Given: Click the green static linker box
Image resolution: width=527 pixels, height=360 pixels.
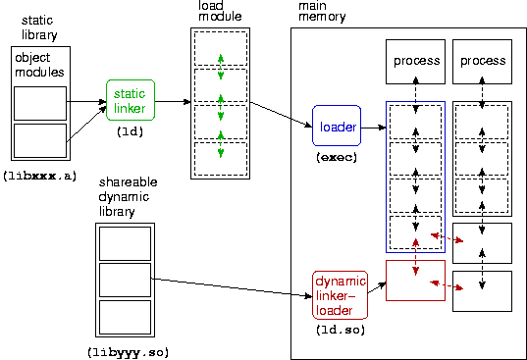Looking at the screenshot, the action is tap(131, 100).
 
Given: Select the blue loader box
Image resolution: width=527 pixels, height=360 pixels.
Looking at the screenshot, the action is tap(337, 126).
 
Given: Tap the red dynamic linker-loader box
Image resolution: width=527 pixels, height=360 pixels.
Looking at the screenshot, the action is tap(341, 295).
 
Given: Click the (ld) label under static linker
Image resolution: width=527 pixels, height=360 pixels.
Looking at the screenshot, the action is tap(131, 131).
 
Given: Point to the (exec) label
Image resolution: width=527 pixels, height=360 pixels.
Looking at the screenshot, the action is tap(337, 157).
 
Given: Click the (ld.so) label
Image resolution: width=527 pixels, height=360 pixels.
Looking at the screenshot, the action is tap(341, 330).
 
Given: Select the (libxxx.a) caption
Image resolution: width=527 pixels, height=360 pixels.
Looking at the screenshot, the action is tap(40, 176).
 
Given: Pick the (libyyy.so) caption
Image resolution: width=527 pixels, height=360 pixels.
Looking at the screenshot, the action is tap(128, 352).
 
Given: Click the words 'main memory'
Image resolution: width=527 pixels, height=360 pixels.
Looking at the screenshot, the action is tap(322, 11).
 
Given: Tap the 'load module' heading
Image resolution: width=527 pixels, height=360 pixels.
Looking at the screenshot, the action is tap(220, 11).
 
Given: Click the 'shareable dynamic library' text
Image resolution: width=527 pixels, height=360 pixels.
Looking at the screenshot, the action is tap(128, 197).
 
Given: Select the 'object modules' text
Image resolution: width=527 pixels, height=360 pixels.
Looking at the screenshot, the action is tap(39, 65).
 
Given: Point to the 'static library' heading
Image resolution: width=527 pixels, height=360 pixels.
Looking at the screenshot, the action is tap(39, 27).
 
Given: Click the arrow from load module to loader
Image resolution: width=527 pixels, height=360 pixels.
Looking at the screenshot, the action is tap(282, 115).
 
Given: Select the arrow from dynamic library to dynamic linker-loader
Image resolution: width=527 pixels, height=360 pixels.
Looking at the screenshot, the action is tap(232, 287).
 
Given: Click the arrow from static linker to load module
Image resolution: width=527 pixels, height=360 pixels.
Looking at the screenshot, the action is tap(173, 101).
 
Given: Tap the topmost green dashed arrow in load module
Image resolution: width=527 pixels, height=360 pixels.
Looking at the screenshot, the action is tap(221, 67).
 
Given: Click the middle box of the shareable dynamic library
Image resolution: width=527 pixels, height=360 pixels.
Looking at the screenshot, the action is tap(125, 281).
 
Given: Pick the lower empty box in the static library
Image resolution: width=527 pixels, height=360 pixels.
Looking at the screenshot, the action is tap(40, 140).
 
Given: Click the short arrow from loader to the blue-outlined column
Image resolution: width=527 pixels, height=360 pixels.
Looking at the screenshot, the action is tap(373, 128).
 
